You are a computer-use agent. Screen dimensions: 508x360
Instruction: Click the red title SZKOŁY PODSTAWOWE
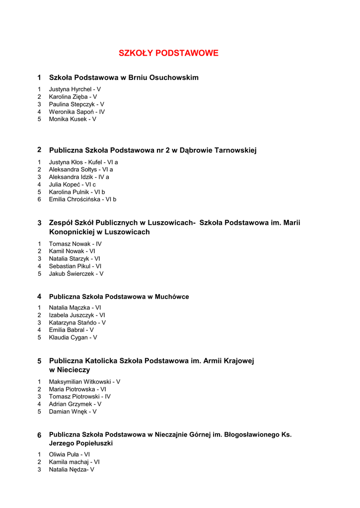[168, 53]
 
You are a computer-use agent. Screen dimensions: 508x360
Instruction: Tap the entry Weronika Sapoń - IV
[76, 112]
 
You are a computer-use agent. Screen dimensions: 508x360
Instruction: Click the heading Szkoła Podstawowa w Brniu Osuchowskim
[124, 77]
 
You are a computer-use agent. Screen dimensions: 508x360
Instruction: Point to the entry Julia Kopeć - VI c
[72, 185]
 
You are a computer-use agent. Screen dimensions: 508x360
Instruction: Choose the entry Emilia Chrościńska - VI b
[82, 199]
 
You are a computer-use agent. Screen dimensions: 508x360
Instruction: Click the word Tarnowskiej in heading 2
[235, 150]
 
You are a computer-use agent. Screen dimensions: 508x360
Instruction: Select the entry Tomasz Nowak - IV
[75, 244]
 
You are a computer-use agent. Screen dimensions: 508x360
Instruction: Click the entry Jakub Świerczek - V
[76, 274]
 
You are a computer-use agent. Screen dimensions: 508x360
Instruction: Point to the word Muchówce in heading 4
[172, 297]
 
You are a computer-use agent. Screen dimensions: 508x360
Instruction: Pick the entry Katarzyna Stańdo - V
[77, 322]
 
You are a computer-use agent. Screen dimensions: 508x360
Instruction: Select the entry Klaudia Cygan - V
[73, 337]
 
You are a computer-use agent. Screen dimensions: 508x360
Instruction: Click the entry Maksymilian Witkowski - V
[84, 382]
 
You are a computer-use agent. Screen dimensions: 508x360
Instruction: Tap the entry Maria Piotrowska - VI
[77, 389]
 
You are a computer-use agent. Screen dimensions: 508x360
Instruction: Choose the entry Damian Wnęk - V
[72, 412]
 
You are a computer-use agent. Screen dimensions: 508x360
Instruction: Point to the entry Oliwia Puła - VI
[70, 454]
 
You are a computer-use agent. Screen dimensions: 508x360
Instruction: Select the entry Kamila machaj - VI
[74, 462]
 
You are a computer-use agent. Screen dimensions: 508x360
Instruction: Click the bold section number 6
[39, 435]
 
